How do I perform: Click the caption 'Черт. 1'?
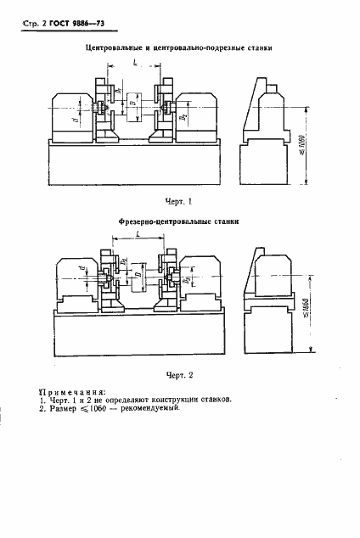pyautogui.click(x=179, y=202)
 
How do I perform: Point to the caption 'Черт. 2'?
pyautogui.click(x=179, y=373)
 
